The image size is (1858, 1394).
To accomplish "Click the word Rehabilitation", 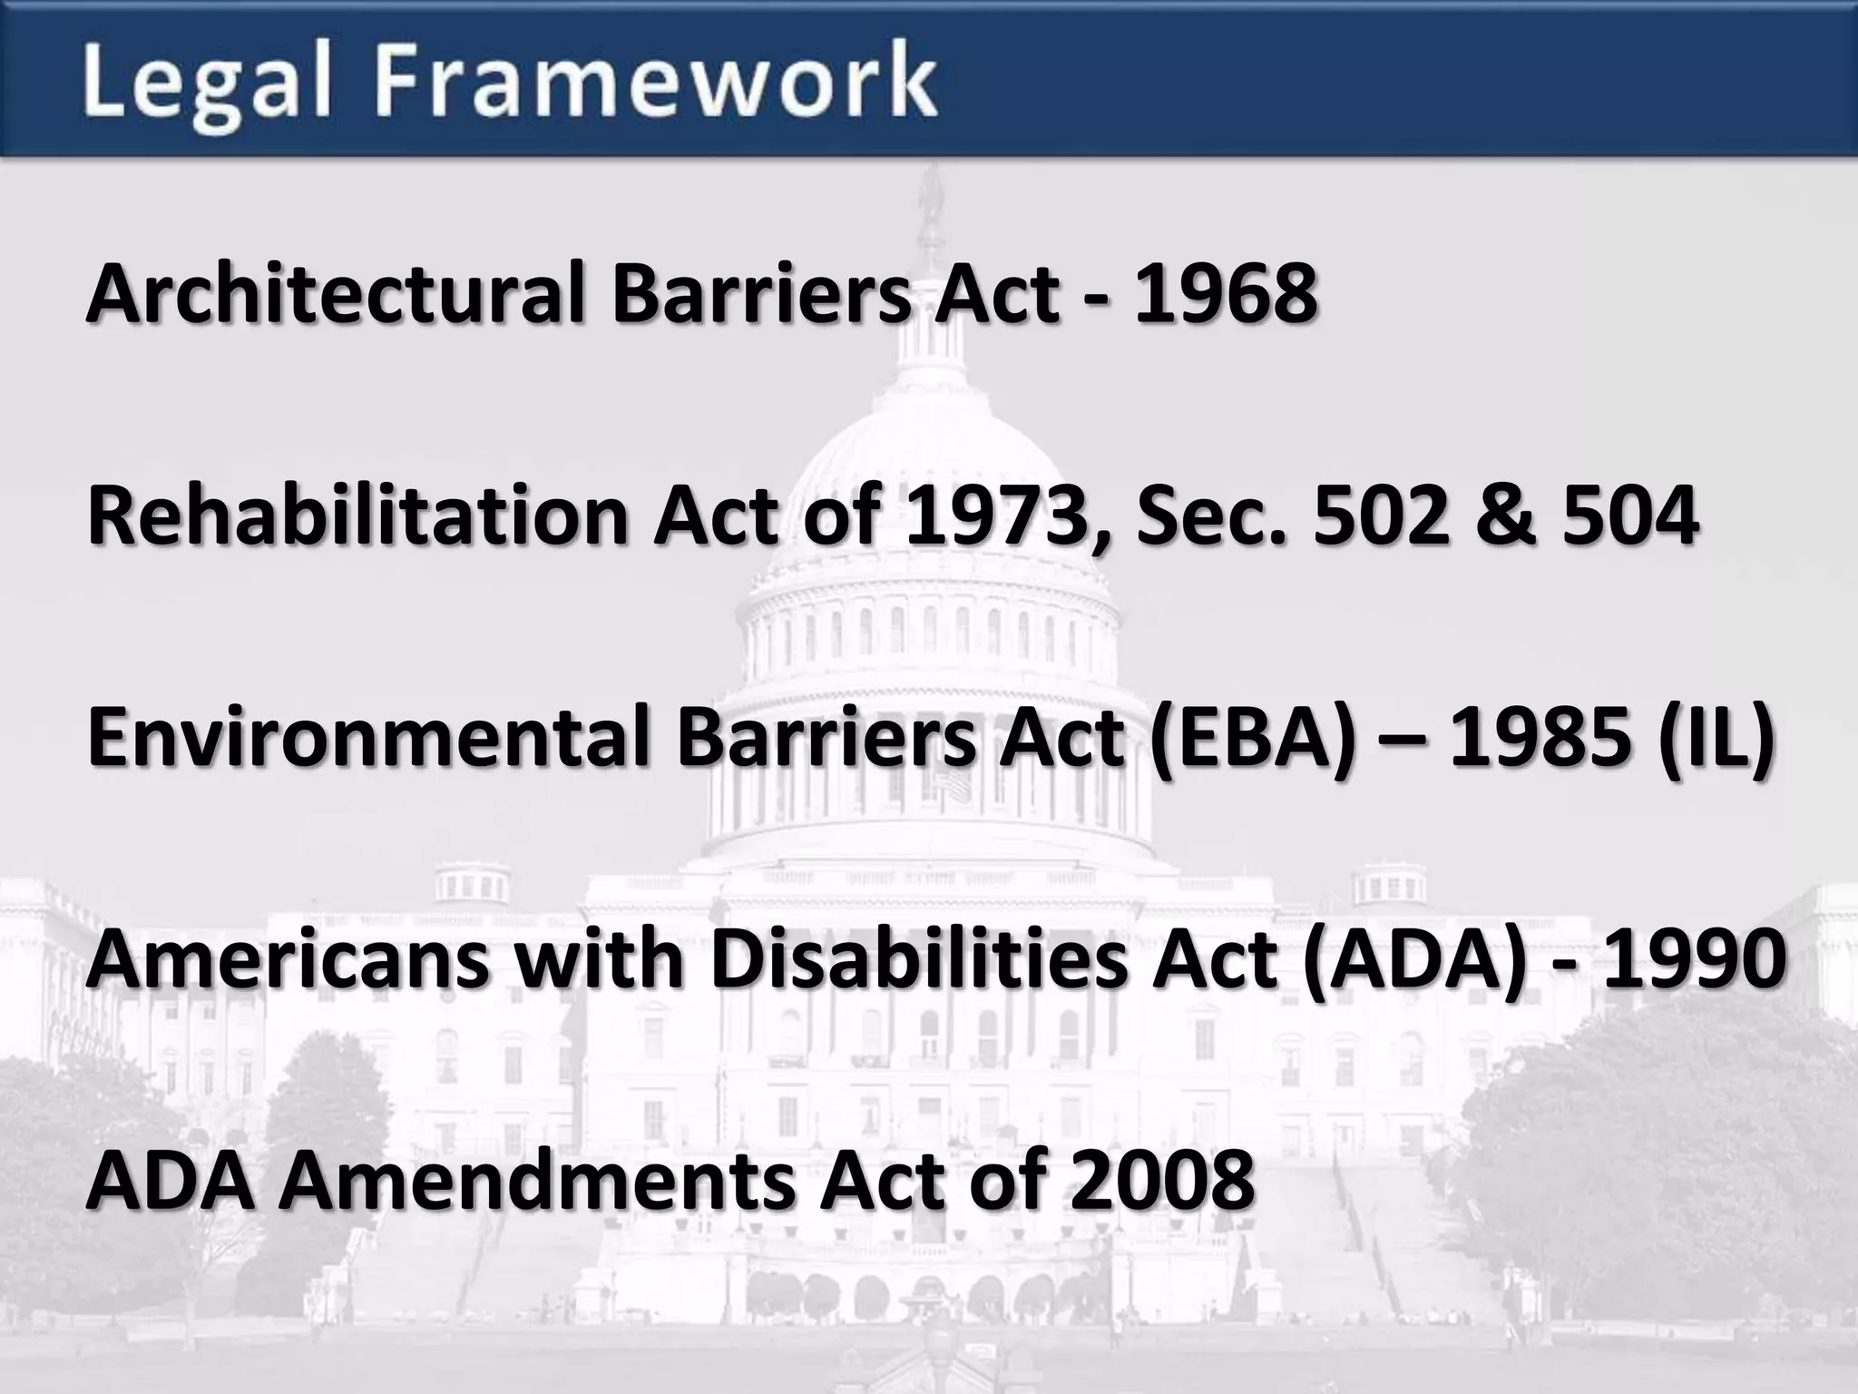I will [357, 515].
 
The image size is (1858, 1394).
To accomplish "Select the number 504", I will [1629, 515].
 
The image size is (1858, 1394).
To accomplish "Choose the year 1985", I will [1542, 737].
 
